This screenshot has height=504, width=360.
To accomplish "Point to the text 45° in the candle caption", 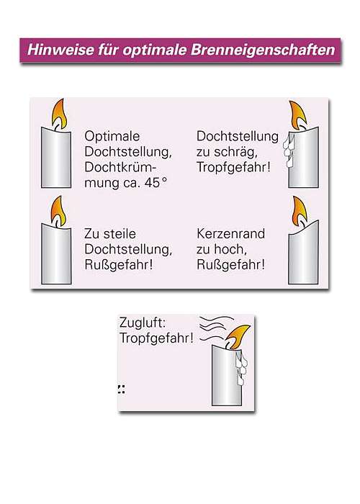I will click(x=154, y=183).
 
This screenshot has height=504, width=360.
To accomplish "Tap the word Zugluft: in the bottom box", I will click(x=143, y=324).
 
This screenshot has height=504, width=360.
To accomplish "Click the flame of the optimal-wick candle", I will click(x=59, y=114).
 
